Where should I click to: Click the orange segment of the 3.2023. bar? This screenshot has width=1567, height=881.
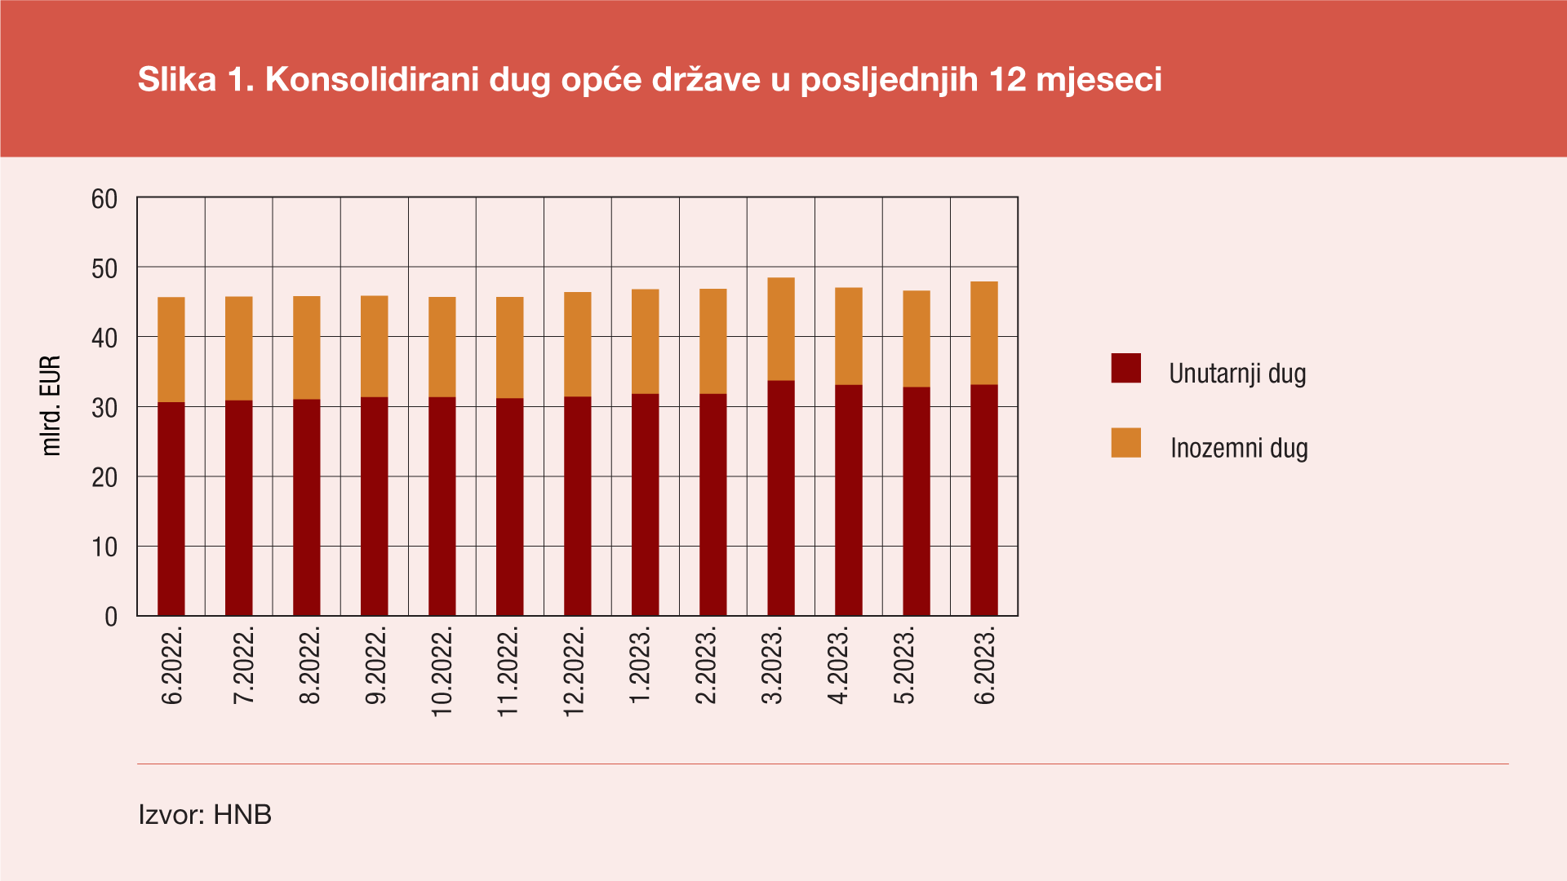[781, 329]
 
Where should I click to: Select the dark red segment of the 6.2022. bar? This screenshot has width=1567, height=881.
[171, 508]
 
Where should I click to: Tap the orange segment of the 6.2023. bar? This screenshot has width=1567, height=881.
[984, 333]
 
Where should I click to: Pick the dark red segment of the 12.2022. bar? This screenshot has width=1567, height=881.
[578, 506]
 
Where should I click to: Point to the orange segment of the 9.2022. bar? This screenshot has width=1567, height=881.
[375, 346]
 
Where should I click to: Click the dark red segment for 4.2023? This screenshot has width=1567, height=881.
[849, 499]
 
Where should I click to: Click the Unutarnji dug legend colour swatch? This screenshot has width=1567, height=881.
[1125, 369]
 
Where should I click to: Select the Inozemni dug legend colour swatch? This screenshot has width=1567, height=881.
[1125, 443]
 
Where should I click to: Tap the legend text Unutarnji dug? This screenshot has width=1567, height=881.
[1237, 374]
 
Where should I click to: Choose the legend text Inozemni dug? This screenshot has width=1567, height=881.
[1239, 448]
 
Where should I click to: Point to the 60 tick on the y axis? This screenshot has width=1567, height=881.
[104, 199]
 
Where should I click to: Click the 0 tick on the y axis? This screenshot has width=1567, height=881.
[111, 617]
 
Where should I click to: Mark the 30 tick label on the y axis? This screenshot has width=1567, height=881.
[104, 408]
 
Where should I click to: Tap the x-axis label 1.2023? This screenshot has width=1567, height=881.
[641, 665]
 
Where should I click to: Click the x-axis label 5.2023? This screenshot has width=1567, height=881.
[904, 665]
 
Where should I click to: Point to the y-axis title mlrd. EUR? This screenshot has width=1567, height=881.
[51, 405]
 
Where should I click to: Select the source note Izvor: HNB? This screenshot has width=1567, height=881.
[205, 814]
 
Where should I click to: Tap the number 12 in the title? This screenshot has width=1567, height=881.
[1007, 80]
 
